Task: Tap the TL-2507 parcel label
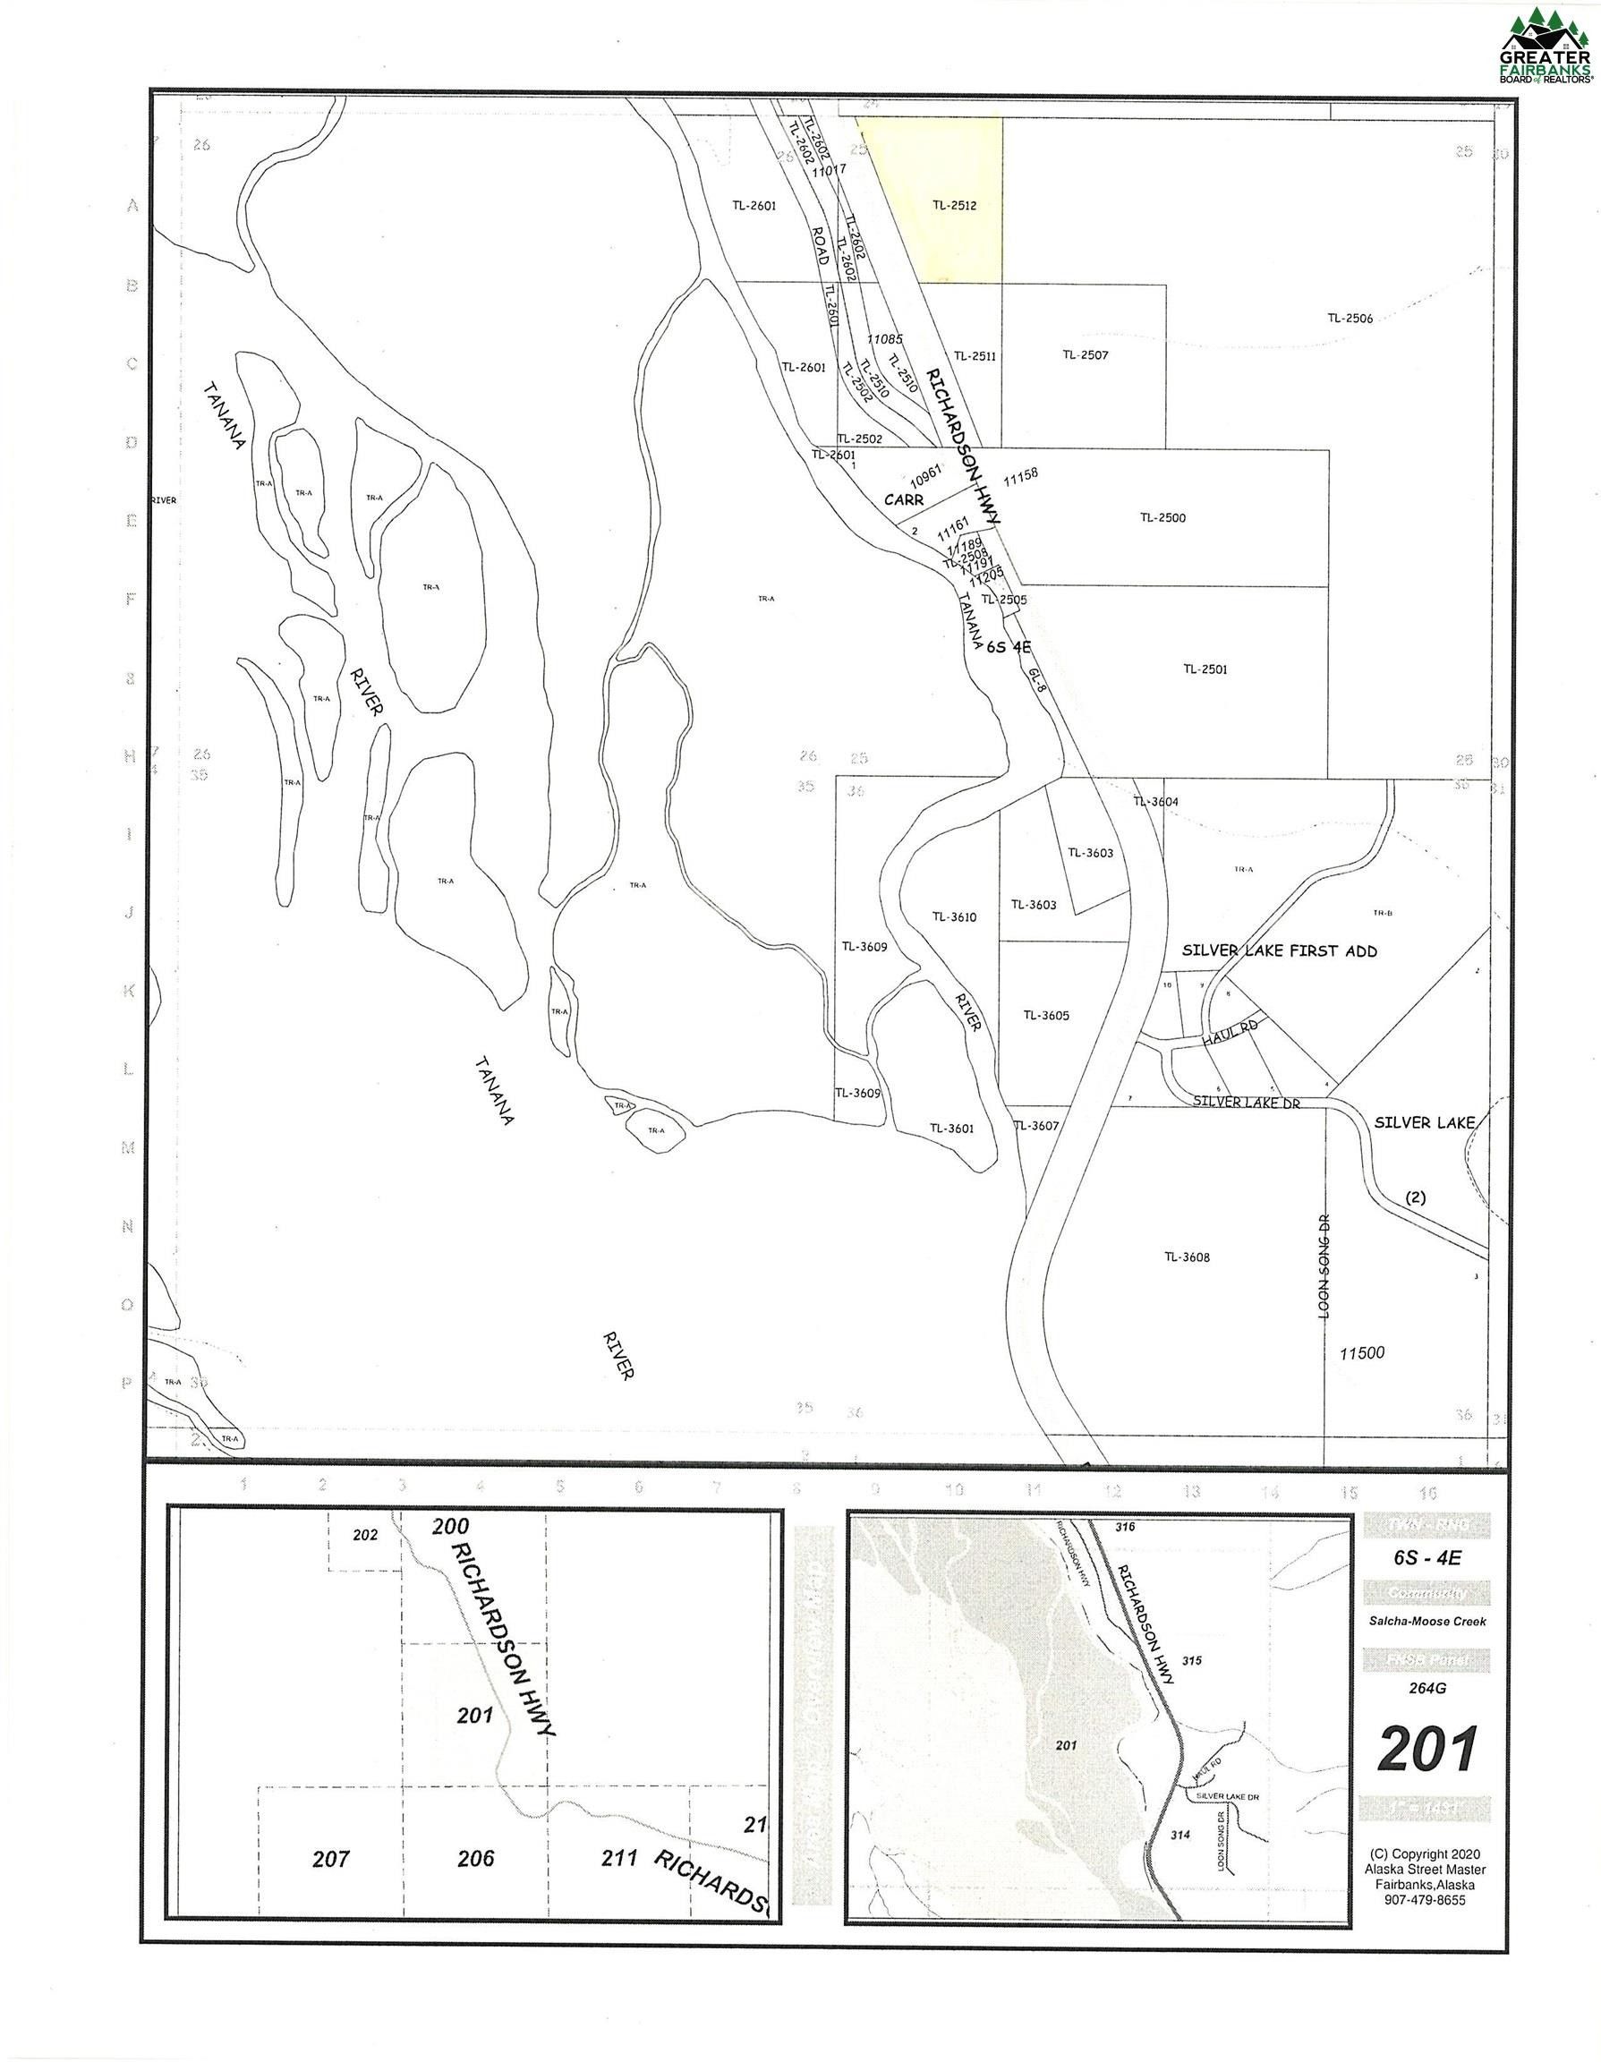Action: [1085, 355]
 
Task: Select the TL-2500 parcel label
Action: [1162, 517]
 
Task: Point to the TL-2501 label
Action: [1205, 669]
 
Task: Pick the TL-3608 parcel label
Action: [1187, 1257]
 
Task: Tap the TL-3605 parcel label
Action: [1046, 1016]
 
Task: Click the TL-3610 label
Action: [953, 916]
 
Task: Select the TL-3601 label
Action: [951, 1128]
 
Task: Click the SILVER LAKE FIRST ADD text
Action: [1277, 950]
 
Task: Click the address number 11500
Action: [1361, 1353]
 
